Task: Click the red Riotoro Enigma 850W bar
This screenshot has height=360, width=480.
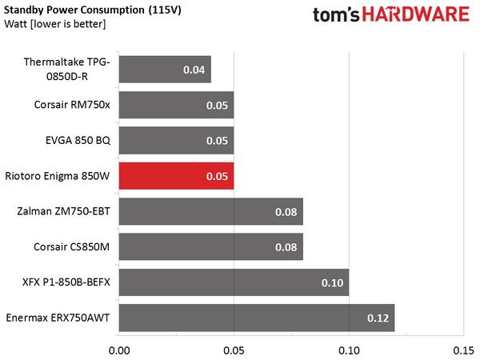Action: [x=176, y=176]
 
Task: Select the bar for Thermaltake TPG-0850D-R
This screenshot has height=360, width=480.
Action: [x=165, y=70]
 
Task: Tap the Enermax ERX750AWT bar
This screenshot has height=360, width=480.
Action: [x=257, y=318]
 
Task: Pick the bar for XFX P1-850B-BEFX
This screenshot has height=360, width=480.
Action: [x=234, y=282]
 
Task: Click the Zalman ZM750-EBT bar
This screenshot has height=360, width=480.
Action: [x=211, y=211]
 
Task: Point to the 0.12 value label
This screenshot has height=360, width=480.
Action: [x=378, y=318]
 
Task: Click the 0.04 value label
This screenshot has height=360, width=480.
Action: [x=194, y=70]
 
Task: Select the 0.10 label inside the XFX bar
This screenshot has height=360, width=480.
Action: [x=332, y=282]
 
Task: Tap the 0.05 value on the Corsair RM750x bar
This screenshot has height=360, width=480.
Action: [x=217, y=106]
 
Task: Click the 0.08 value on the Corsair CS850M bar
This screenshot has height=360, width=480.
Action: [x=286, y=247]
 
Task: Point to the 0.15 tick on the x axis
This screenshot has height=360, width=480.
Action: [x=464, y=350]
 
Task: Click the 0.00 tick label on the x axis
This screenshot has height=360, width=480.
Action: [x=119, y=350]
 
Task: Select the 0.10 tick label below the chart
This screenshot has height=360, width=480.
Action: [x=349, y=350]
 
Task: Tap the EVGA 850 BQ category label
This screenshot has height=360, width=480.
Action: [x=78, y=141]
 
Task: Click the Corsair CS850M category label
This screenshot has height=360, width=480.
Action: [x=72, y=246]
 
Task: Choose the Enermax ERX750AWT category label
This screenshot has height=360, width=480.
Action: [x=58, y=318]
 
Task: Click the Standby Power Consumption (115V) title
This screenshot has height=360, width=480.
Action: [x=93, y=10]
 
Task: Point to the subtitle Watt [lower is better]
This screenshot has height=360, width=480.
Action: [x=55, y=24]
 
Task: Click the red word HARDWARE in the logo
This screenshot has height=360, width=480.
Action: [x=416, y=14]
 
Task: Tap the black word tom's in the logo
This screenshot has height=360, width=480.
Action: [x=336, y=15]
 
